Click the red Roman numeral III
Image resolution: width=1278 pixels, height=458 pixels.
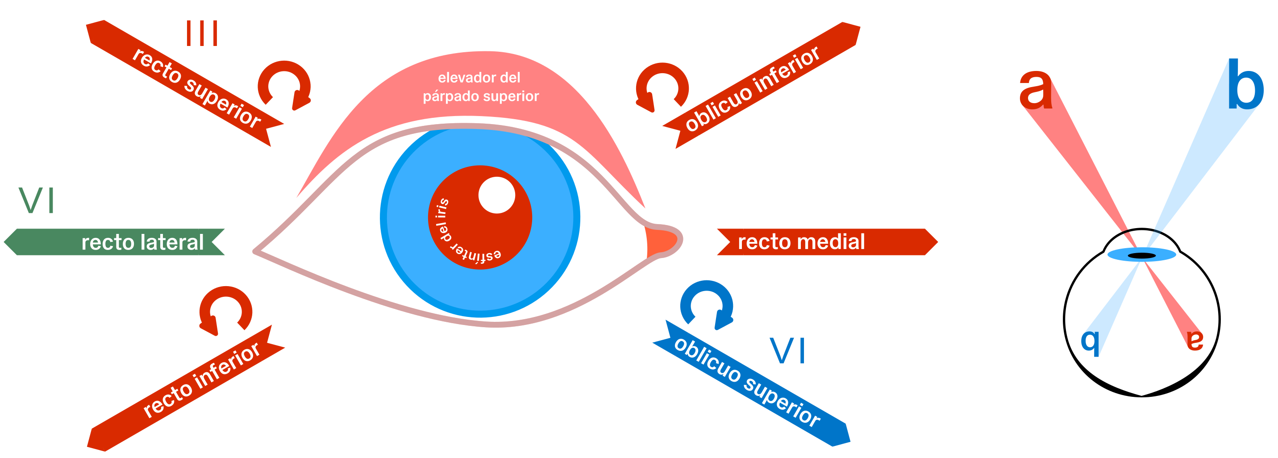point(201,33)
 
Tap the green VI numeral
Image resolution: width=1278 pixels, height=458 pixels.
point(36,200)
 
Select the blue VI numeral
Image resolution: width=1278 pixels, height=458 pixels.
point(787,350)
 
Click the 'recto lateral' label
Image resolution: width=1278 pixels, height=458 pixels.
point(142,242)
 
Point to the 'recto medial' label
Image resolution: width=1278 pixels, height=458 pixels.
point(801,241)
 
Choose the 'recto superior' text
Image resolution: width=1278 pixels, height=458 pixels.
point(196,88)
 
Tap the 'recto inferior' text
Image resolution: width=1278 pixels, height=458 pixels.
point(201,380)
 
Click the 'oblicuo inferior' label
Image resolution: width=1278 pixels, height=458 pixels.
point(752,89)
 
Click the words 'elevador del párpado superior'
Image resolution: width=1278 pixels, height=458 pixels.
point(480,87)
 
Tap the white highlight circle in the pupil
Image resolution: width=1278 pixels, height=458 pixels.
point(497,195)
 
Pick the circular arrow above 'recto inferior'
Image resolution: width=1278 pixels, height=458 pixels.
point(226,311)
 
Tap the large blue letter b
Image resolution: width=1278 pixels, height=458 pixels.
point(1244,85)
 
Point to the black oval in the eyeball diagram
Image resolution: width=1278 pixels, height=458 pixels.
point(1141,255)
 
